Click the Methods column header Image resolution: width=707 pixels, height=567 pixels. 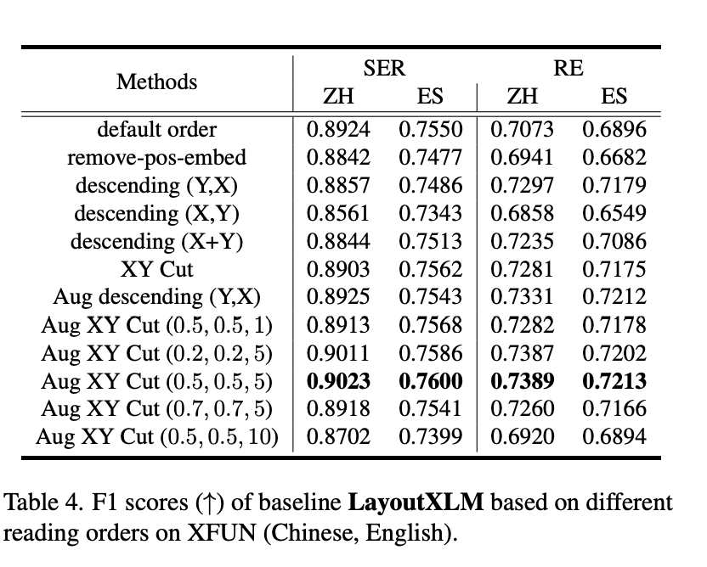coord(156,82)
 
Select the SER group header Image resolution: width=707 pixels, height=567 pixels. coord(385,69)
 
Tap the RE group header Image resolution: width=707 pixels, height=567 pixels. coord(568,69)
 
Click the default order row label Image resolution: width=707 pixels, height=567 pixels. coord(156,130)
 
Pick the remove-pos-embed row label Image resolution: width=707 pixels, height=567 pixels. coord(156,158)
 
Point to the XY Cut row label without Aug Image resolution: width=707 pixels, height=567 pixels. coord(156,270)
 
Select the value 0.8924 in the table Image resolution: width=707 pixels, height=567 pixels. coord(338,130)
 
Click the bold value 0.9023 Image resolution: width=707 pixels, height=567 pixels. coord(338,381)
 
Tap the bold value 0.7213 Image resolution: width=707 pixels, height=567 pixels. coord(614,381)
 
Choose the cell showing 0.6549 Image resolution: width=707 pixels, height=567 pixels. coord(614,214)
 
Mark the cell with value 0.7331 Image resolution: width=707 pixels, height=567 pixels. coord(522,298)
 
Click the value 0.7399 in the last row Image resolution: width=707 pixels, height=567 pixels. coord(431,437)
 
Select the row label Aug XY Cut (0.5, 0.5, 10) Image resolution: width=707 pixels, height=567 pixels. coord(157,437)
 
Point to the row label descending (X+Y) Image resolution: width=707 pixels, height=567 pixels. coord(156,242)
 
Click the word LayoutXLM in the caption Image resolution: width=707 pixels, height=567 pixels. coord(416,502)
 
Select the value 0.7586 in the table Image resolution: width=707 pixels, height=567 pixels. coord(431,353)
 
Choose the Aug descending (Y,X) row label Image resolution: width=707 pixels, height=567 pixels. coord(156,298)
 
